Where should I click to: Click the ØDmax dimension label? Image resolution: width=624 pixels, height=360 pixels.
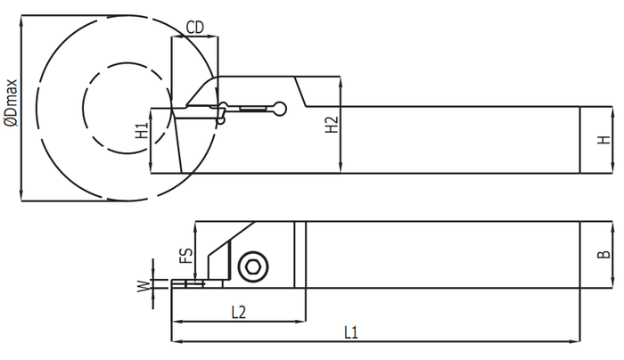click(x=11, y=102)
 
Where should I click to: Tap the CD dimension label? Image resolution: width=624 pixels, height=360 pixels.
click(x=195, y=28)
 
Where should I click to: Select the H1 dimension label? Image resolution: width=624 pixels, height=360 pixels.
click(x=142, y=130)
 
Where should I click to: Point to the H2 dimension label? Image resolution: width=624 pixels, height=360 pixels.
click(x=332, y=125)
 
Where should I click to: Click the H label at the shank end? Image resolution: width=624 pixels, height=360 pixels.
click(x=604, y=140)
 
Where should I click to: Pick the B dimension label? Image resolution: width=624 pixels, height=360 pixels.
click(x=604, y=254)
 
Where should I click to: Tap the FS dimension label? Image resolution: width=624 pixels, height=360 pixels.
click(x=185, y=256)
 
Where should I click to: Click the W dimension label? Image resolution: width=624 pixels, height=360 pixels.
click(x=144, y=286)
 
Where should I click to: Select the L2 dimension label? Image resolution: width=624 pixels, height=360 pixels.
click(x=239, y=312)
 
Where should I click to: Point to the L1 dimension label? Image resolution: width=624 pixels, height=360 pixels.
click(x=351, y=332)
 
